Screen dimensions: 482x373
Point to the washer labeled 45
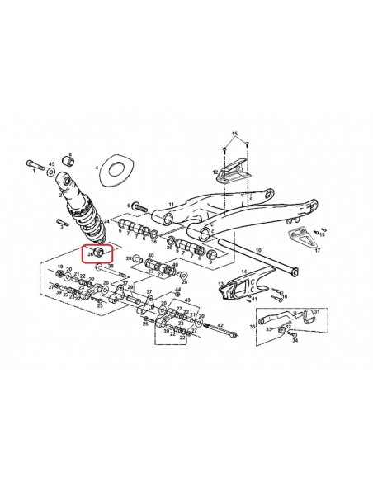coord(51,175)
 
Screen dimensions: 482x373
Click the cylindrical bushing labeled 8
coord(68,160)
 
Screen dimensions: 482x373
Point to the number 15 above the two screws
coord(234,133)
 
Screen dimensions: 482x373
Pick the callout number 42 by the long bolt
coord(221,325)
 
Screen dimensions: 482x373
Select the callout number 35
coord(253,327)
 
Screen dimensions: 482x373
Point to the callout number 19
coord(59,267)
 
